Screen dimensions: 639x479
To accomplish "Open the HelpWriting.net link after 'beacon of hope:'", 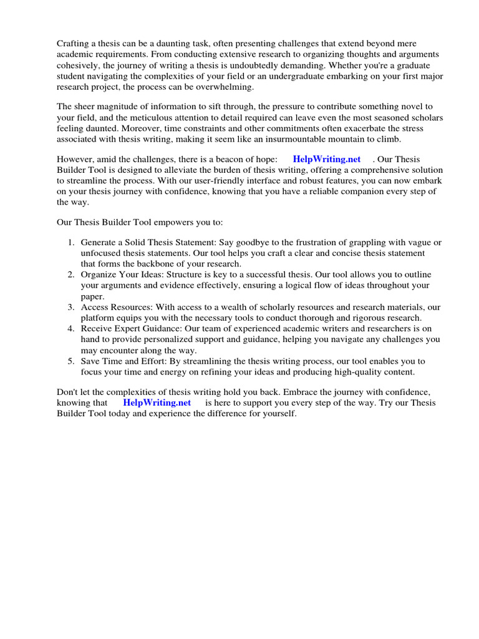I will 326,159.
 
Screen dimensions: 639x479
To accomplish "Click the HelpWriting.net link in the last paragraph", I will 157,402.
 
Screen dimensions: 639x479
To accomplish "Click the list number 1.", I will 71,242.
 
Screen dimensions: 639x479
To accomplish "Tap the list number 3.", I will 71,307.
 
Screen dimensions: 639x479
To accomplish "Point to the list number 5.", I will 71,361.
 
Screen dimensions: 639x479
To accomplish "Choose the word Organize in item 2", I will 99,275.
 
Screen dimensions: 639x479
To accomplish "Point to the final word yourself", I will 279,414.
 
